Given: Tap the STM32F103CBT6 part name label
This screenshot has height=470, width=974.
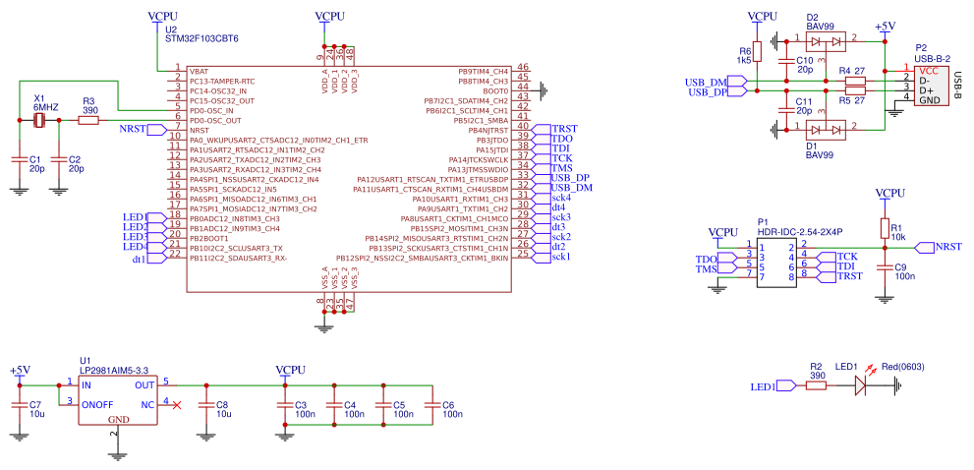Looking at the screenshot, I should tap(201, 39).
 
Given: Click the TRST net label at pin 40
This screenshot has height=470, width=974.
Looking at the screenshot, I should tap(564, 129).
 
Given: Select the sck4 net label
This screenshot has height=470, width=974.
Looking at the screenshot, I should tap(560, 198).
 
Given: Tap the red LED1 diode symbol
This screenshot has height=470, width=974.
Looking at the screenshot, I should tap(861, 386).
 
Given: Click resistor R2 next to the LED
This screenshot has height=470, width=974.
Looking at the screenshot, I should tap(816, 386).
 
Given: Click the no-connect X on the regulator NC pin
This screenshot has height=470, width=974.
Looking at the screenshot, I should tap(176, 405).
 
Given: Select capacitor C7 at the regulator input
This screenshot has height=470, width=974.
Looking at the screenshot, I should tap(18, 406).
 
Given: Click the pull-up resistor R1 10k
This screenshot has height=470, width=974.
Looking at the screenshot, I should tap(884, 229).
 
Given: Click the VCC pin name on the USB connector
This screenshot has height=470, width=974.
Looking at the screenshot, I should tap(927, 71).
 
